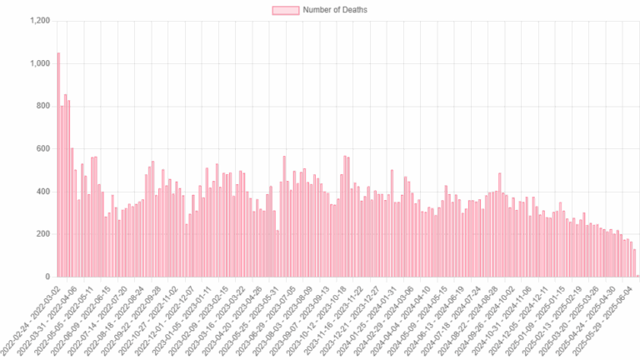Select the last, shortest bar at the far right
(x=637, y=275)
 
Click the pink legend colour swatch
(x=285, y=10)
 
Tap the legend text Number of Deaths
(x=335, y=10)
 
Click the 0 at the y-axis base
(x=47, y=277)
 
